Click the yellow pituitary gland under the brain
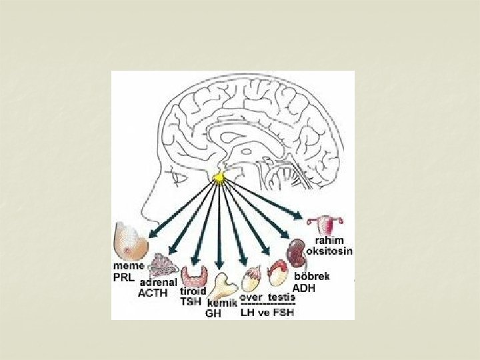pos(218,178)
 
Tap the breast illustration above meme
pos(131,241)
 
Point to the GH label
pos(213,313)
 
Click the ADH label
pos(304,289)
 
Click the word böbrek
pos(312,276)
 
